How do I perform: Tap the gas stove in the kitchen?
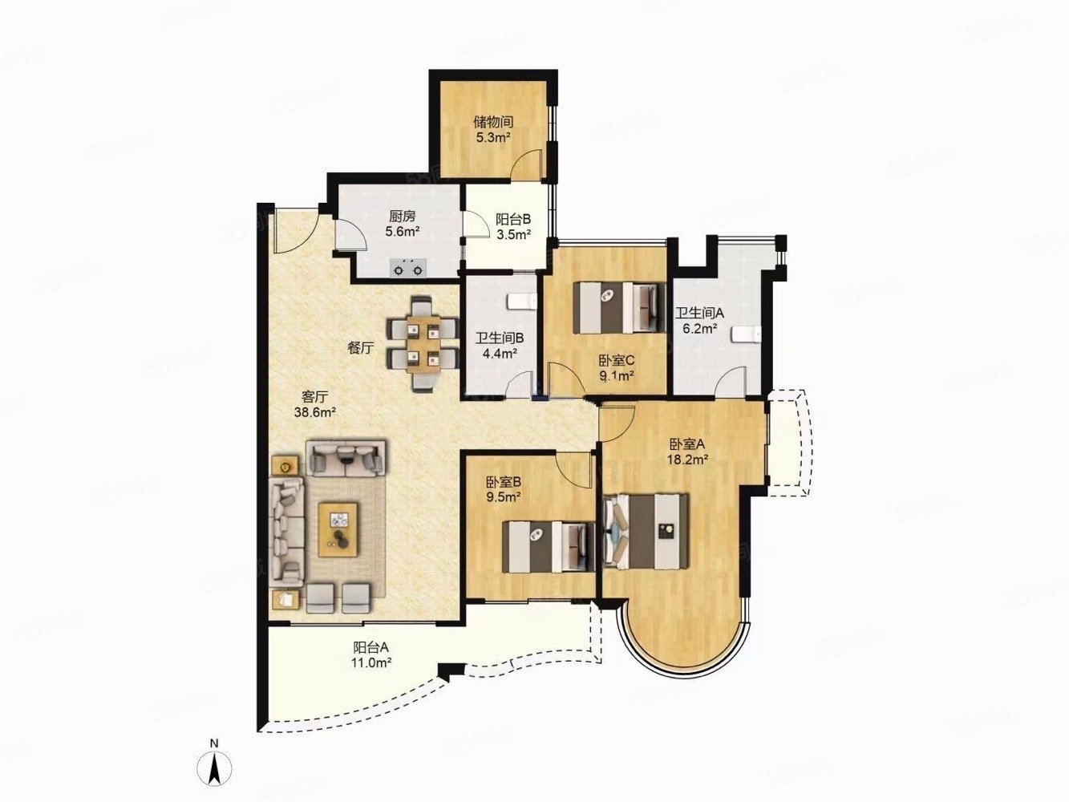tap(407, 268)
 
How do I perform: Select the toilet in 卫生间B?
tap(521, 301)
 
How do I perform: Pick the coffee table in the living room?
tap(338, 529)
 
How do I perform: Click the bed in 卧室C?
tap(618, 308)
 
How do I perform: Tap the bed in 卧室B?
tap(549, 547)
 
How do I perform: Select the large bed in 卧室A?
tap(646, 531)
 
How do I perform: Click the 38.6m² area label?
tap(315, 413)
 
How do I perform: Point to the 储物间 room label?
tap(493, 121)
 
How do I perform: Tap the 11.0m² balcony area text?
tap(371, 662)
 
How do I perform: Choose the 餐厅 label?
tap(360, 348)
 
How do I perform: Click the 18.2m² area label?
tap(687, 458)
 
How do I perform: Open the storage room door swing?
tap(528, 164)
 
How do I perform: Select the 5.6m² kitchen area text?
tap(403, 231)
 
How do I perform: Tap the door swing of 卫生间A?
tap(731, 381)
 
